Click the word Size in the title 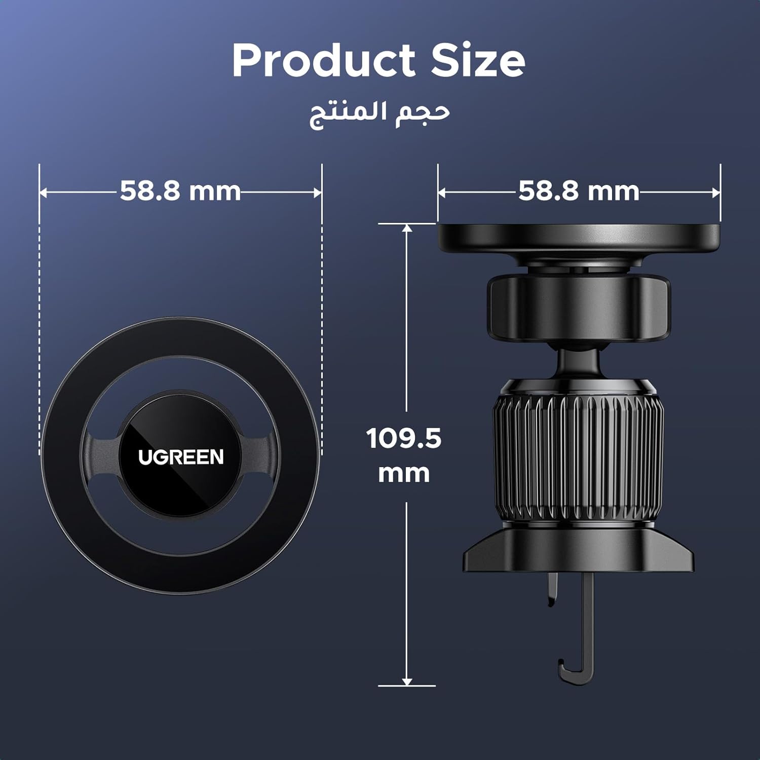coord(478,60)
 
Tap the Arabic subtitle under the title coord(379,114)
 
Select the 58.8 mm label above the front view coord(180,192)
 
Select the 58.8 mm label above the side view coord(579,192)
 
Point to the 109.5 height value coord(404,438)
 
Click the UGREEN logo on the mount coord(181,457)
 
